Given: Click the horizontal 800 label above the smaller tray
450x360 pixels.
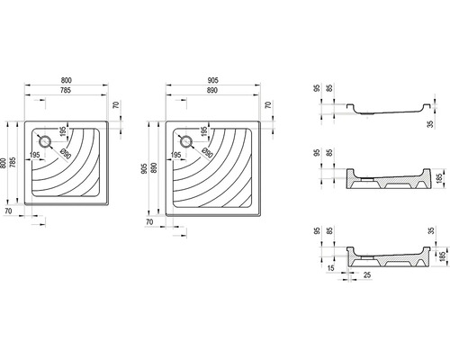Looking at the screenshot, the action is (x=67, y=80).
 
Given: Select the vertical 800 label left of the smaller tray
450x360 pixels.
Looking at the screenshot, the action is (x=4, y=163).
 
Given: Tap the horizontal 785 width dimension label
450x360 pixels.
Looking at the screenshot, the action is (x=66, y=90).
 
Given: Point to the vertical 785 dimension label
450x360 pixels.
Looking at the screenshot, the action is (x=13, y=162).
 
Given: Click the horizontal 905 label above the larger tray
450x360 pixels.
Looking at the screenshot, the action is (x=212, y=80).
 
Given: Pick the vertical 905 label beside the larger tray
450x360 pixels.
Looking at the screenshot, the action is (x=145, y=169).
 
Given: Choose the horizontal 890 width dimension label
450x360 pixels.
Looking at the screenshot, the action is (x=212, y=90).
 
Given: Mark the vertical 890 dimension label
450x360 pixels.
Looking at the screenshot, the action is (x=154, y=168).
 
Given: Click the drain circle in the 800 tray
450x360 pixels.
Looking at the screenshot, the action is (x=46, y=141).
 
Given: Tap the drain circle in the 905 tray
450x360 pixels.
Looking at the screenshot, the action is (x=186, y=141).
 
